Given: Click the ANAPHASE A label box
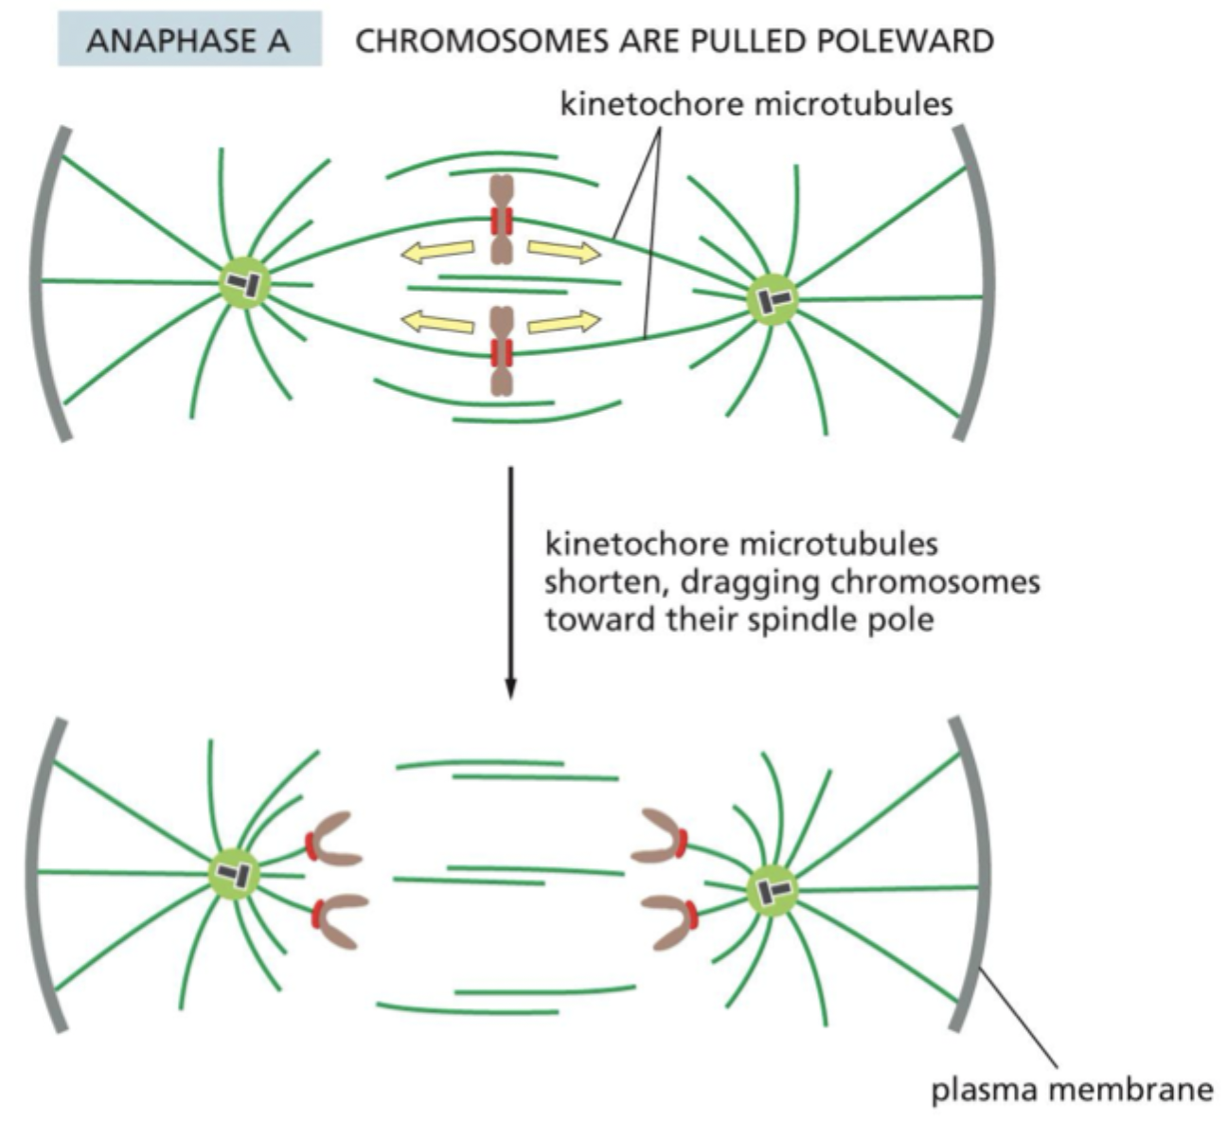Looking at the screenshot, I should click(189, 42).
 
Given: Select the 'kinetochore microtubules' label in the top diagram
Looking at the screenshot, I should click(756, 103).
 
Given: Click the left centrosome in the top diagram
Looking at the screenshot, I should click(245, 282).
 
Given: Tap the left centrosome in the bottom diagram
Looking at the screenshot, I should click(233, 873).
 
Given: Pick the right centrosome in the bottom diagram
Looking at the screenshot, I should click(773, 890).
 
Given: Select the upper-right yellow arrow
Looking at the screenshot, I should click(563, 251).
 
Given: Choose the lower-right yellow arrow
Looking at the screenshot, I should click(563, 322).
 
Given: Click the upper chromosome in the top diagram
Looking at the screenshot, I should click(501, 220).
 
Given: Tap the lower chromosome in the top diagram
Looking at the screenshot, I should click(501, 351).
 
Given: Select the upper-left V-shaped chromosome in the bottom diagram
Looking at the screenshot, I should click(333, 839).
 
